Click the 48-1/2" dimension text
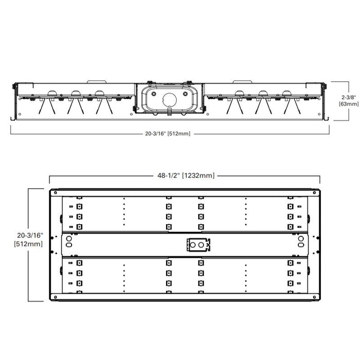pyautogui.click(x=168, y=176)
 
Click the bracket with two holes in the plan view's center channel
pyautogui.click(x=197, y=245)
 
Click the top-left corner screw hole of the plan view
pyautogui.click(x=55, y=192)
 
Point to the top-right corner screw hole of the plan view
pyautogui.click(x=314, y=192)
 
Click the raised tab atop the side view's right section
pyautogui.click(x=242, y=81)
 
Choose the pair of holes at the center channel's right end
pyautogui.click(x=300, y=242)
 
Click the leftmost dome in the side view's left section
pyautogui.click(x=52, y=93)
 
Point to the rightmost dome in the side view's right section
pyautogui.click(x=287, y=93)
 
